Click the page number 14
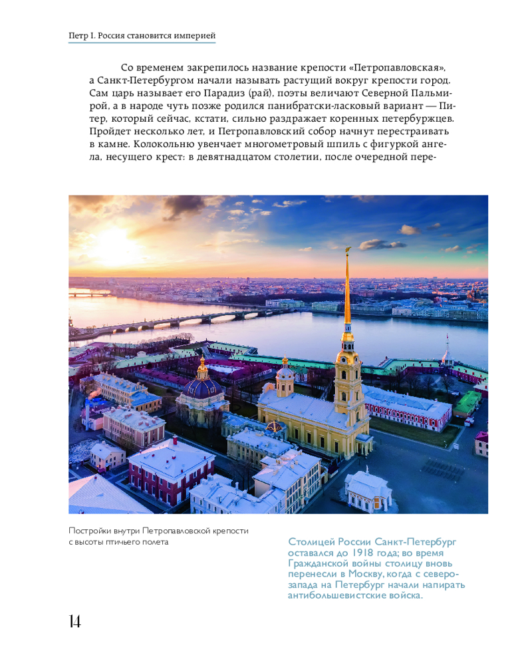(74, 622)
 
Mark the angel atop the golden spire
(347, 250)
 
